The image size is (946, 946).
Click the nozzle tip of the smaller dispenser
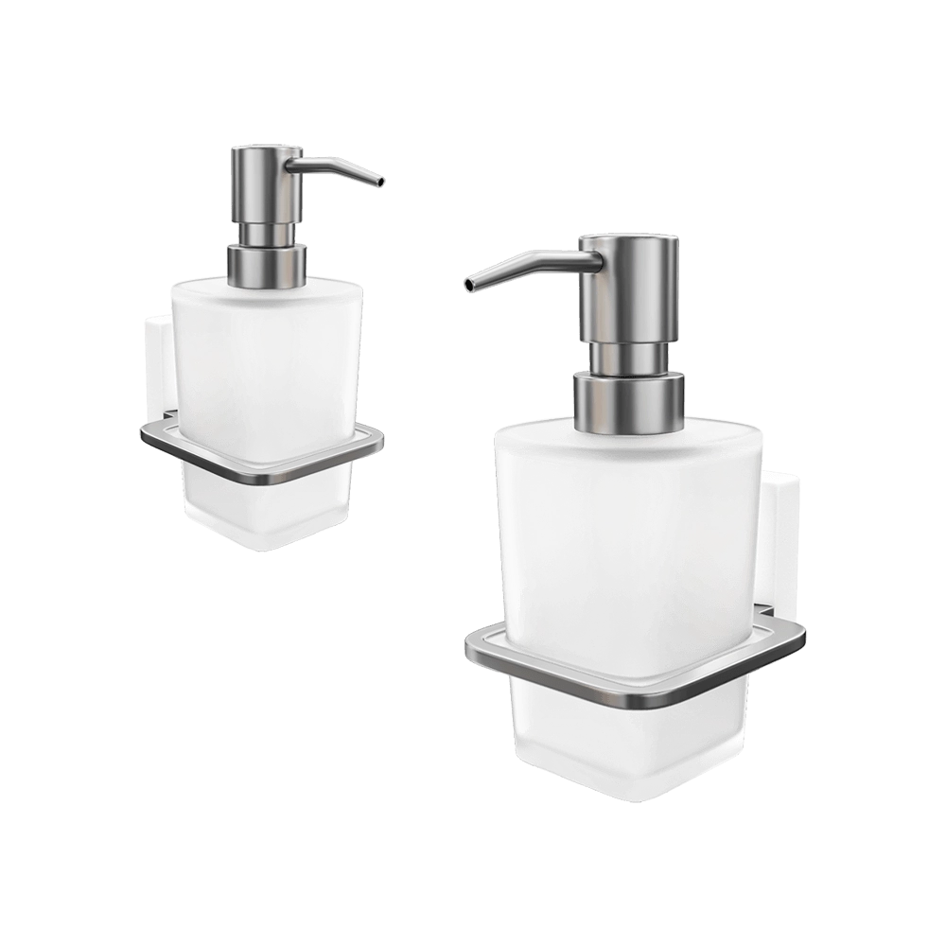point(379,182)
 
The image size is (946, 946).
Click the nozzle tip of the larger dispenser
point(466,282)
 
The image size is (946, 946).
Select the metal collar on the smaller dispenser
point(268,264)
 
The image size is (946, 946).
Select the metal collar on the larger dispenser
point(627,397)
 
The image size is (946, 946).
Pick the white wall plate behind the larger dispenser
point(780,539)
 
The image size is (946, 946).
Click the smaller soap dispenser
point(265,378)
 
